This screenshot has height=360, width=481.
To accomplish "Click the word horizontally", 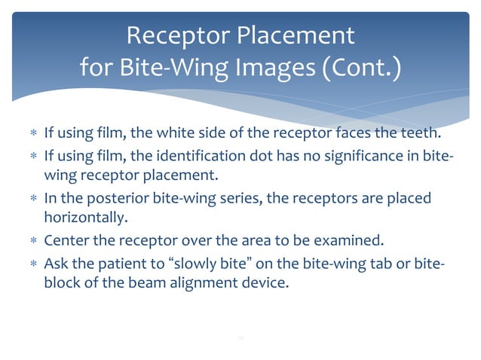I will [81, 219].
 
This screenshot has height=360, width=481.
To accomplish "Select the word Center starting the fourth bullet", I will [66, 241].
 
